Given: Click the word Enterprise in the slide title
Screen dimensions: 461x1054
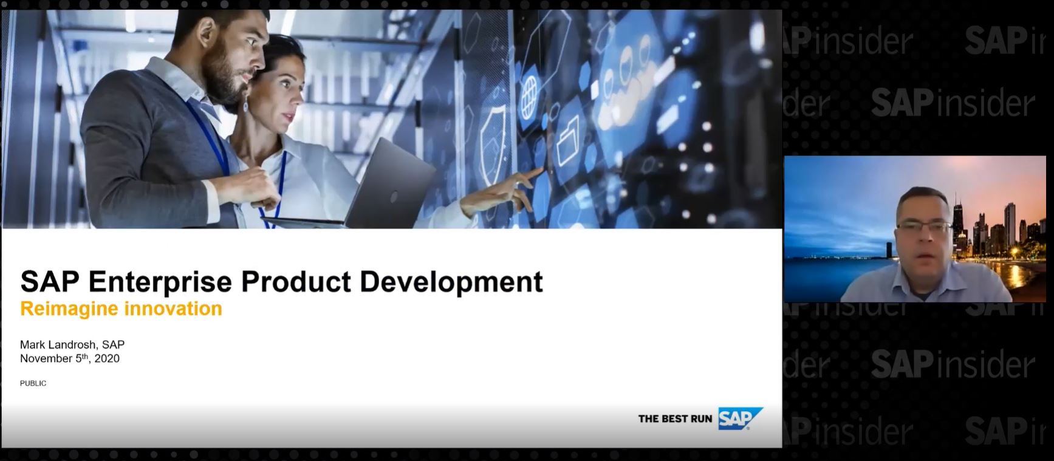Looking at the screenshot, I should pyautogui.click(x=160, y=282).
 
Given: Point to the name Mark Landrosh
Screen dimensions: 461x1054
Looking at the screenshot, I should pyautogui.click(x=58, y=344).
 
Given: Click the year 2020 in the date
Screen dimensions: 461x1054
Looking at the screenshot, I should pyautogui.click(x=107, y=358).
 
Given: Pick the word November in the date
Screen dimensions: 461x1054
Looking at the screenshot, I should pyautogui.click(x=46, y=358).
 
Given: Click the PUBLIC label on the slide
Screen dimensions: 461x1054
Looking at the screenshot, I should pyautogui.click(x=33, y=383).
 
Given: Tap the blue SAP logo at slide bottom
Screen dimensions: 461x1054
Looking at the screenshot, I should pyautogui.click(x=739, y=418).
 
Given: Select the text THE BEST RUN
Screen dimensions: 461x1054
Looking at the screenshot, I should pyautogui.click(x=674, y=418).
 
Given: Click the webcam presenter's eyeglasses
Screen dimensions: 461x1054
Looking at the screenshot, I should pyautogui.click(x=923, y=227).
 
